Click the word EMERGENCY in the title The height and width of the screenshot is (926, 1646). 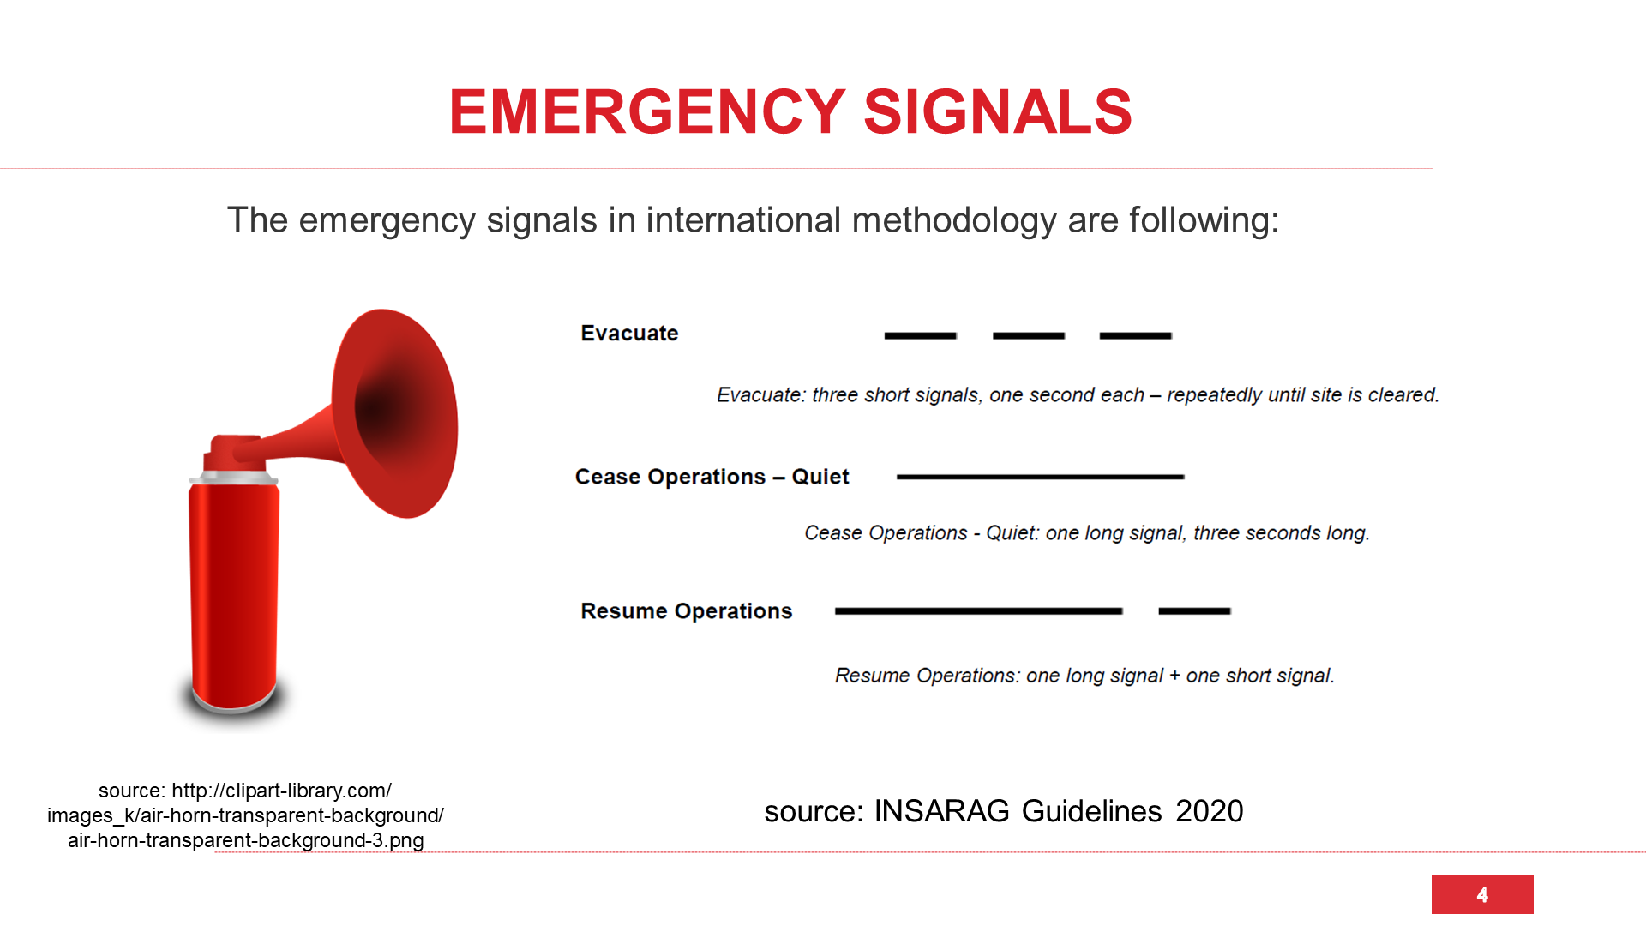(x=647, y=111)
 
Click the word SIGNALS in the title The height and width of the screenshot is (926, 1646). (x=998, y=111)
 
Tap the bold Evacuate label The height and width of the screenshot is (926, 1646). (x=629, y=333)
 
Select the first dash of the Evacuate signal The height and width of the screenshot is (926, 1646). (x=920, y=335)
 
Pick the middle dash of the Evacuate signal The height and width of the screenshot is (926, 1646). (x=1029, y=335)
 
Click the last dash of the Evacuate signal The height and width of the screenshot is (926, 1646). (x=1136, y=335)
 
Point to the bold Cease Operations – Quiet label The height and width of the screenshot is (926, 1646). (x=712, y=477)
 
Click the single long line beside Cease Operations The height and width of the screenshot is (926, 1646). (x=1040, y=477)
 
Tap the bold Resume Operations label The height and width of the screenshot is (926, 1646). (x=686, y=611)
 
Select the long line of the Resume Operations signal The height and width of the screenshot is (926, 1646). (x=979, y=611)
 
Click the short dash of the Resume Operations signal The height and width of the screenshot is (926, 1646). (x=1194, y=611)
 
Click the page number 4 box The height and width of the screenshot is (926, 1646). (x=1482, y=894)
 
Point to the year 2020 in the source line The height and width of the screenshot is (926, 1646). (x=1209, y=811)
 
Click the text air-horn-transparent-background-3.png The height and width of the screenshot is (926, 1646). (x=246, y=840)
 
